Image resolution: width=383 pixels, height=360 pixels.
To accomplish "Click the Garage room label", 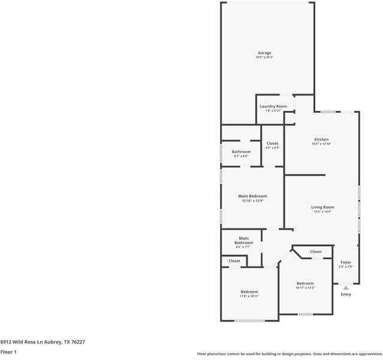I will pos(264,53).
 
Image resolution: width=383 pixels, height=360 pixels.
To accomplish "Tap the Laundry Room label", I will pos(273,106).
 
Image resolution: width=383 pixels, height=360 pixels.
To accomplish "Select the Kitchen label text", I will pos(321,139).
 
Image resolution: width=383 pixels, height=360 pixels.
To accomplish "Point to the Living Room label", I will pos(322,207).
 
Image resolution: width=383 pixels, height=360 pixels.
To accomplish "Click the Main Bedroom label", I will pos(252,196).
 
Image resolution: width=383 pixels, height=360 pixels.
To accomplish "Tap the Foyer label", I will pos(346,262).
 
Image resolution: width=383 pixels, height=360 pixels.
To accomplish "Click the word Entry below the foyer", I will pos(346,294).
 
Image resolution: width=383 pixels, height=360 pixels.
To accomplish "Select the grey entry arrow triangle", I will pos(346,287).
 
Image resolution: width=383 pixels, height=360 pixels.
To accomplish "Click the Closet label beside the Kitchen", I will pos(272,143).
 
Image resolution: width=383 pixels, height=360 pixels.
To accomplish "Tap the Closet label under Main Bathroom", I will pos(234,261).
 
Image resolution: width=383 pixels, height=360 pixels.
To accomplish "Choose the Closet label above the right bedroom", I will pos(315,251).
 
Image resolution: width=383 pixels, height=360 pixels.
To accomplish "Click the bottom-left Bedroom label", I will pos(249,292).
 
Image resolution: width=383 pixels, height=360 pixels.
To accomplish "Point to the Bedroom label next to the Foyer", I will pos(304,283).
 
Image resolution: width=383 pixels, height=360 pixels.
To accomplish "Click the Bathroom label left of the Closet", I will pos(241,151).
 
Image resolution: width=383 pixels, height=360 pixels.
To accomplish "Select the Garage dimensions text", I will pos(264,58).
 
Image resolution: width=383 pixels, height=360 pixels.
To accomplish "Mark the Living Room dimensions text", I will pos(322,212).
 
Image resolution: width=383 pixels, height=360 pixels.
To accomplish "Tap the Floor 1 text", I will pos(8,352).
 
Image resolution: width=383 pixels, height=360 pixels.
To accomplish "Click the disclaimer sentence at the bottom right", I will pos(289,354).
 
